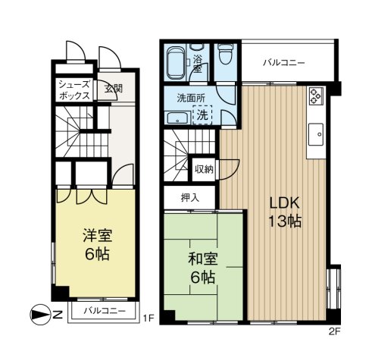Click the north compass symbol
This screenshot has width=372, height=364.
coord(40,315)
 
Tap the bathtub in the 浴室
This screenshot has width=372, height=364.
coord(177,62)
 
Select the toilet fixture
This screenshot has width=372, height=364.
coord(226,54)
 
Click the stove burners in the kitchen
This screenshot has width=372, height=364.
coord(316,96)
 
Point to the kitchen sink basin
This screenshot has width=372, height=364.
coord(316,134)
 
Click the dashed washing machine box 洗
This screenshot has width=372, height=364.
coord(202,115)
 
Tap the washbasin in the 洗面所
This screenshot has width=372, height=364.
coord(178,118)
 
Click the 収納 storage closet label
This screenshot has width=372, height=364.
coord(204,169)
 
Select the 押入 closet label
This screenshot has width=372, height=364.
coord(190,198)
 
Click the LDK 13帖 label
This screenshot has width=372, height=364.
coord(285,212)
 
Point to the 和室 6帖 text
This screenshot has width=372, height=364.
coord(203,268)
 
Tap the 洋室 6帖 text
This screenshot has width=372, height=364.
coord(98,244)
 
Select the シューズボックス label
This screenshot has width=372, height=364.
coord(74,90)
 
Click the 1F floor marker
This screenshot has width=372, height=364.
coord(148,318)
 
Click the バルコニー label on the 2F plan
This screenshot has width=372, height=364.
coord(284,62)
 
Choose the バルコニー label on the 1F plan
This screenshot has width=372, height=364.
coord(105,310)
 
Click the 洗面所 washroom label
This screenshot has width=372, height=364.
coord(191,98)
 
